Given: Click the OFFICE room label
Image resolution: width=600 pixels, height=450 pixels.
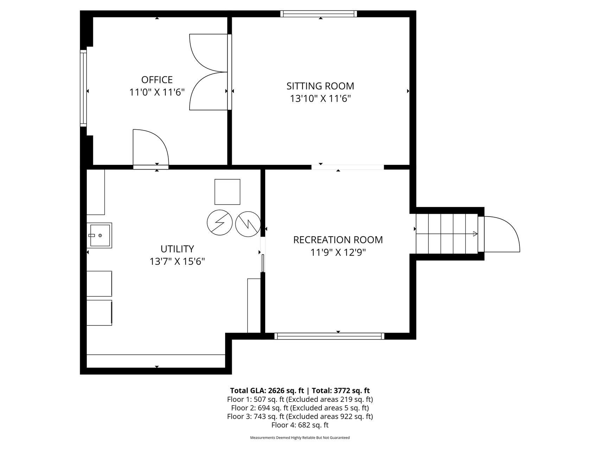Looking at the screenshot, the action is [x=157, y=79].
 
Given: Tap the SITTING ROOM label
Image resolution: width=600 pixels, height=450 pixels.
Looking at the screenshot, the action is [x=320, y=86].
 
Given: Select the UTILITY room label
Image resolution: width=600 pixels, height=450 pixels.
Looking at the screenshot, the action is [x=177, y=249].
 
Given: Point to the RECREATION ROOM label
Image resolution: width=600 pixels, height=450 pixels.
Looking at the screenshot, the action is [x=338, y=240].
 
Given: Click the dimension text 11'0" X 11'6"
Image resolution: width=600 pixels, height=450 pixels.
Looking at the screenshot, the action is [x=157, y=92].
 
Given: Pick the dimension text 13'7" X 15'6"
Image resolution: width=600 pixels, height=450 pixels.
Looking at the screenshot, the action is [x=177, y=262].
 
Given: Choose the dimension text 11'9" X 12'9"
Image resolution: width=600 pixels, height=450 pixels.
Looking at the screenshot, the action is [x=338, y=252].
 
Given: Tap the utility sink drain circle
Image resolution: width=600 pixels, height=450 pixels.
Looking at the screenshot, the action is [x=100, y=235].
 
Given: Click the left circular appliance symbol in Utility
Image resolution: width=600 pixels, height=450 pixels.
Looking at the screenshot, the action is [x=220, y=223].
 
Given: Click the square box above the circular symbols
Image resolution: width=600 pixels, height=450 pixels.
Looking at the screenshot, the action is [x=228, y=192].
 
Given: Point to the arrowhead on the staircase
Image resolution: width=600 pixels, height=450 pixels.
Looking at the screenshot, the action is [x=475, y=234].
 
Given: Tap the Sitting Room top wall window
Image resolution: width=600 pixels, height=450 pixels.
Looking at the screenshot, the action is [x=319, y=14].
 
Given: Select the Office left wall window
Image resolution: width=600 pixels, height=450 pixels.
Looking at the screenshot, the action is [x=83, y=88].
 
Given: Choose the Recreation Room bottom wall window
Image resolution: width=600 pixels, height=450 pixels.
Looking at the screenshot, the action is [x=329, y=336].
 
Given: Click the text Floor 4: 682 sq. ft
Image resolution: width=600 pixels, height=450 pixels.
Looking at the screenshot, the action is [x=300, y=425].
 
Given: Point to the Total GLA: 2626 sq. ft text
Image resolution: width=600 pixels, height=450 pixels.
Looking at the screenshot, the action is [x=267, y=391].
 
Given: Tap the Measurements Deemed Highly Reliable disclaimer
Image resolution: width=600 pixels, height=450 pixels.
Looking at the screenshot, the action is [x=300, y=438].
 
